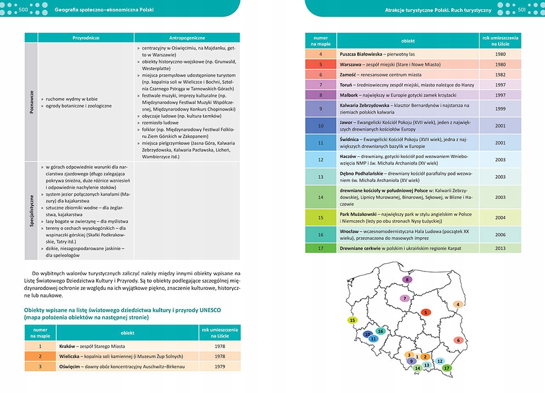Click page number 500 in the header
[24, 9]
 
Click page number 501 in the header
[521, 9]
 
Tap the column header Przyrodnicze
[86, 38]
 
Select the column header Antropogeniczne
[187, 38]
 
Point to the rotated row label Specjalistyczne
[31, 210]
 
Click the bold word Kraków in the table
[68, 346]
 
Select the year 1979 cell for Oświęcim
[220, 366]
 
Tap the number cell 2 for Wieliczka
[40, 356]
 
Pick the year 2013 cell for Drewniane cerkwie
[500, 248]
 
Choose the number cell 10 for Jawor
[320, 125]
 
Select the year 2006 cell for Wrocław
[500, 234]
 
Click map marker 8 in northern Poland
[407, 280]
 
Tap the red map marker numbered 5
[426, 312]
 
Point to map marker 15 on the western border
[353, 321]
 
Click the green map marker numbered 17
[447, 368]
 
